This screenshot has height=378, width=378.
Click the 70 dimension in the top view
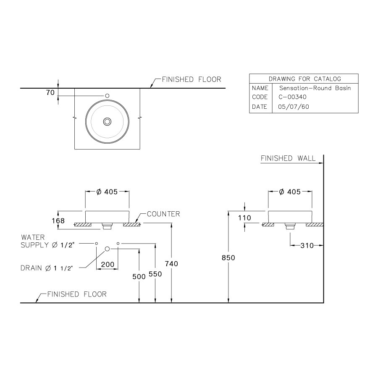click(50, 93)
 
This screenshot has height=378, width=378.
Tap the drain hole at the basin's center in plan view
click(108, 121)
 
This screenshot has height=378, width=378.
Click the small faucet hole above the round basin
click(108, 96)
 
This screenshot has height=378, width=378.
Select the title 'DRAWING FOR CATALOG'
click(304, 79)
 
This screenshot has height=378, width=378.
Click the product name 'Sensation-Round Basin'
click(314, 88)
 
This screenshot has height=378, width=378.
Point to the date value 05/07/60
click(294, 107)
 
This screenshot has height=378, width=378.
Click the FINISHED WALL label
click(288, 158)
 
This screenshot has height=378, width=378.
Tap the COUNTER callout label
click(163, 214)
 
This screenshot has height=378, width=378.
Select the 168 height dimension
click(58, 220)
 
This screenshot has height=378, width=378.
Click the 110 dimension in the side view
click(244, 218)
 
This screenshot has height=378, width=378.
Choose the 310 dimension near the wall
click(307, 245)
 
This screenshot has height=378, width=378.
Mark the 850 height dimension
click(228, 258)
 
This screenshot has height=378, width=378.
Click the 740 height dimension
click(171, 263)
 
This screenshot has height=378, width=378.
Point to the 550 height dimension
click(155, 273)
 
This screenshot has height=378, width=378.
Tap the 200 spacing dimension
click(107, 265)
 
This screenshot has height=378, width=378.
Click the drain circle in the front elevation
click(107, 249)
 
